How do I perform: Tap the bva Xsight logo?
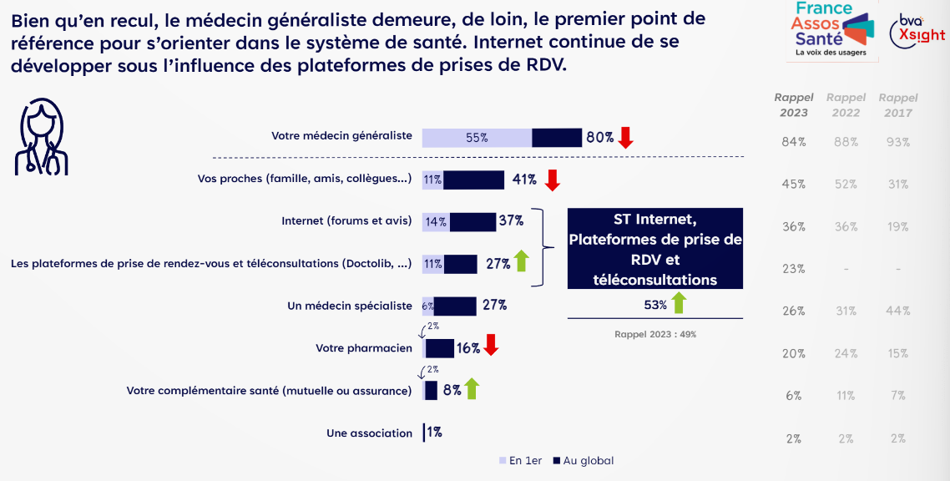pos(917,30)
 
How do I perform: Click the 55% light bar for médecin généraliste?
pos(477,138)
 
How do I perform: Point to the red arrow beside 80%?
pos(625,138)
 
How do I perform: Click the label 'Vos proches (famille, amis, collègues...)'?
pos(305,179)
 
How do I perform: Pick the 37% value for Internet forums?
pos(511,221)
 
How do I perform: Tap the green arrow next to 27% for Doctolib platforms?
pos(521,262)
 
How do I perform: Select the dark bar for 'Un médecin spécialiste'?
pos(455,306)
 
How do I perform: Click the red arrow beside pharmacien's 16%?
pos(491,347)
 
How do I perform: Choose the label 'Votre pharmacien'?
pos(364,347)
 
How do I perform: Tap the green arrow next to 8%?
pos(472,388)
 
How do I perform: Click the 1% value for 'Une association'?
pos(434,433)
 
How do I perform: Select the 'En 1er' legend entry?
pos(521,460)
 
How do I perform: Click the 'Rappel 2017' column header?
pos(898,105)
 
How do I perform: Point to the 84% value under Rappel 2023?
pos(793,142)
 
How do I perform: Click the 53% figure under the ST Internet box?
pos(655,306)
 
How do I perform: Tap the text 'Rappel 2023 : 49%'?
pos(655,334)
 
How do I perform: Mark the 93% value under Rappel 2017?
pos(898,142)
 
